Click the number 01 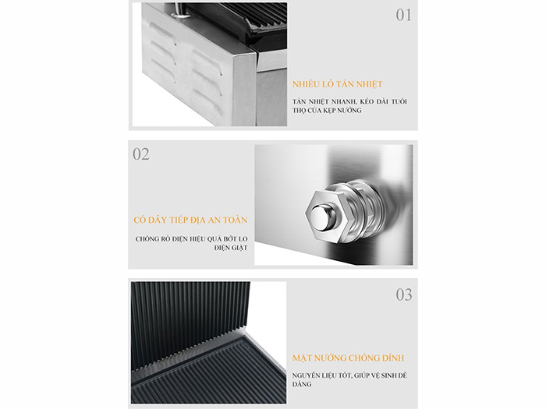[403, 16]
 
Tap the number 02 [141, 154]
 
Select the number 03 [404, 294]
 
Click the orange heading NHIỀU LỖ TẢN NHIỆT [338, 84]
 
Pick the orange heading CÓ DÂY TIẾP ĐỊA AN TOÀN [190, 220]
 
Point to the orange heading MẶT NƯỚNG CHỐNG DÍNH [348, 358]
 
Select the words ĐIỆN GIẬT [231, 248]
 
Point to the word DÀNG [302, 384]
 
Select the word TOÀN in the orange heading [236, 220]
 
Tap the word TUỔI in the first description [399, 101]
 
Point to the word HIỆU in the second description [197, 239]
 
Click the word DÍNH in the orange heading [393, 358]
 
